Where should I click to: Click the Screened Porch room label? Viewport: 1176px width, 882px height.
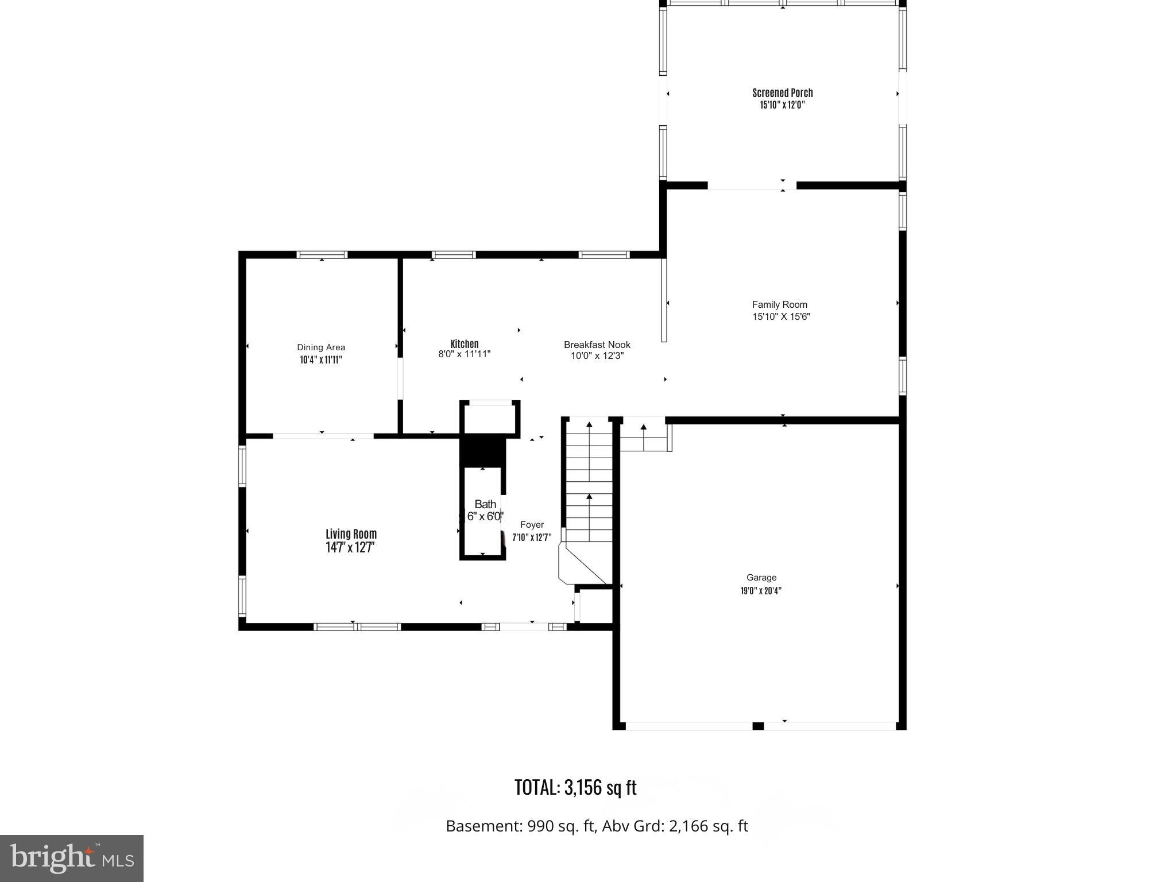782,92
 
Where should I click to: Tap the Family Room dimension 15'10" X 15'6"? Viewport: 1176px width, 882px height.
781,316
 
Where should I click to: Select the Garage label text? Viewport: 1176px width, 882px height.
761,578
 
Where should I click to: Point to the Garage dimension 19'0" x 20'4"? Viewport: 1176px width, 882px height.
761,590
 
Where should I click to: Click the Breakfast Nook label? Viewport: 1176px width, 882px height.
597,345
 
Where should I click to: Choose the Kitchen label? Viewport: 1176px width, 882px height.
464,344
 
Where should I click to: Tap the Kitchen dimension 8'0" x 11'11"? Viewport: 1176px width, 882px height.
464,354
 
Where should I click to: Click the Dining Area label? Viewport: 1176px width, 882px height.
321,347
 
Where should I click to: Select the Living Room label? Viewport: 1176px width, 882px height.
351,534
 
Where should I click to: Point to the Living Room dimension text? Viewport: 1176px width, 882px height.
350,548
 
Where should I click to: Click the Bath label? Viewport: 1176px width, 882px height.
485,504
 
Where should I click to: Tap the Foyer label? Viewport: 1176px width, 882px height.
532,524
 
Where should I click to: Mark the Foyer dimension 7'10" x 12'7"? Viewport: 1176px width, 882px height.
532,537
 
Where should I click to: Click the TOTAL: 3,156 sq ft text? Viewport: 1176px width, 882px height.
575,787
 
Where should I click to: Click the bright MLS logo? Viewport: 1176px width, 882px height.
72,858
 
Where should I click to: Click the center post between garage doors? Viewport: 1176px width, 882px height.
758,726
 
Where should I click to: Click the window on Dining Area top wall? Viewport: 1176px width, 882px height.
322,255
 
